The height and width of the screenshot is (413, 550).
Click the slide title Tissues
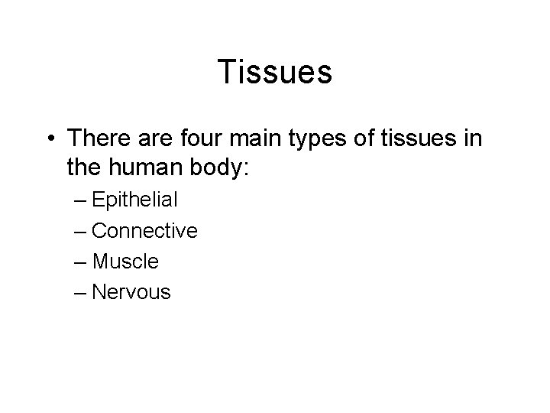click(x=275, y=72)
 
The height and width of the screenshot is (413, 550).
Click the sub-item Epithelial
click(x=134, y=201)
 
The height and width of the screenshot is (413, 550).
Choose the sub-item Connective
click(x=144, y=231)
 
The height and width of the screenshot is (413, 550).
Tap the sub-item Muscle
click(x=125, y=262)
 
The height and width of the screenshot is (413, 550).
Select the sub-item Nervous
click(x=131, y=292)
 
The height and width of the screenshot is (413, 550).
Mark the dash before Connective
click(x=82, y=232)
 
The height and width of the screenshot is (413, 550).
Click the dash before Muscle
click(x=82, y=262)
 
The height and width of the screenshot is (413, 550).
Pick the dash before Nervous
click(x=82, y=293)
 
